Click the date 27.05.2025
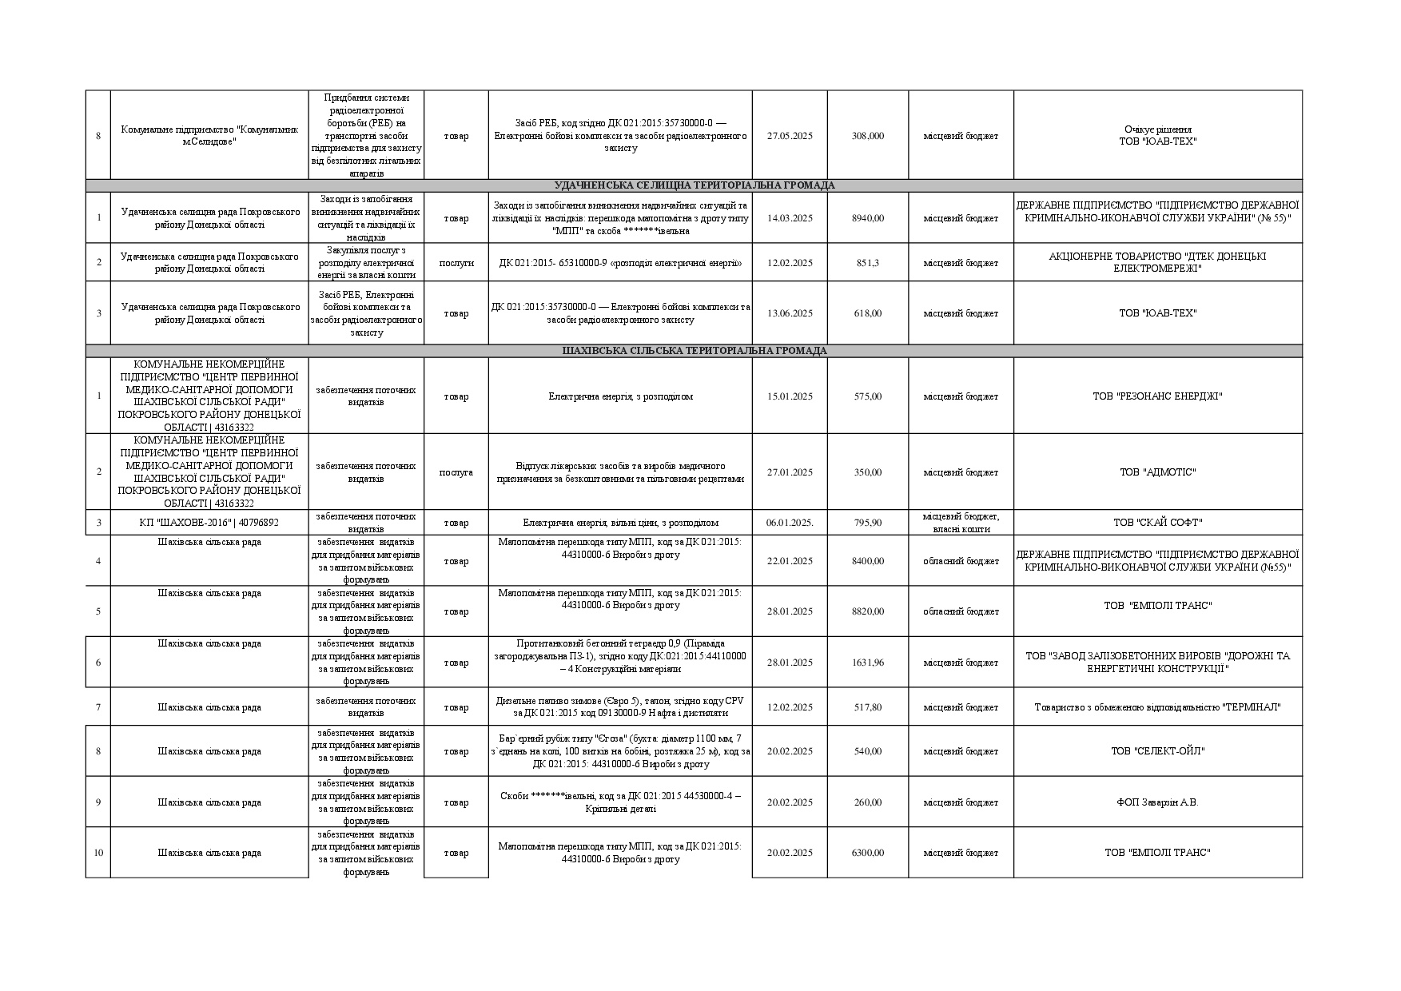(x=790, y=136)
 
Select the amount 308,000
(x=867, y=136)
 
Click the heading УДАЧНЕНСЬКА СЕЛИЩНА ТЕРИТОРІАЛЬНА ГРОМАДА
(x=694, y=185)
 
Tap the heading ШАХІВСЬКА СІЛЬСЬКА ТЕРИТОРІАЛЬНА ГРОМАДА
(x=694, y=351)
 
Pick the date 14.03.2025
(x=790, y=218)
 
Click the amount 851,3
(x=867, y=263)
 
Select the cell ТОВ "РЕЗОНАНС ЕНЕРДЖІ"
(x=1157, y=396)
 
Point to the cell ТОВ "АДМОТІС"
(x=1157, y=472)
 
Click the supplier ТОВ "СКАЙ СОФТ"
(x=1157, y=523)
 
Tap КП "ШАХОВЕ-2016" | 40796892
(x=209, y=523)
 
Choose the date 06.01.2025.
(x=790, y=523)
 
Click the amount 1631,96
(x=867, y=663)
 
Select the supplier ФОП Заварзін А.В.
(x=1157, y=802)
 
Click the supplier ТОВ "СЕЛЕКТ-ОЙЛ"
(x=1157, y=751)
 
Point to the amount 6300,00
(x=867, y=853)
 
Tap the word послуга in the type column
(x=456, y=472)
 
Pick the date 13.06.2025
(x=790, y=313)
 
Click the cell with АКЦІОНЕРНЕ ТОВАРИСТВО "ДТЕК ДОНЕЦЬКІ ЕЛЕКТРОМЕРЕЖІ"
(x=1157, y=262)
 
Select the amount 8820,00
(x=867, y=611)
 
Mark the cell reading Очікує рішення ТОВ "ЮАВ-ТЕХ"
(x=1157, y=136)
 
